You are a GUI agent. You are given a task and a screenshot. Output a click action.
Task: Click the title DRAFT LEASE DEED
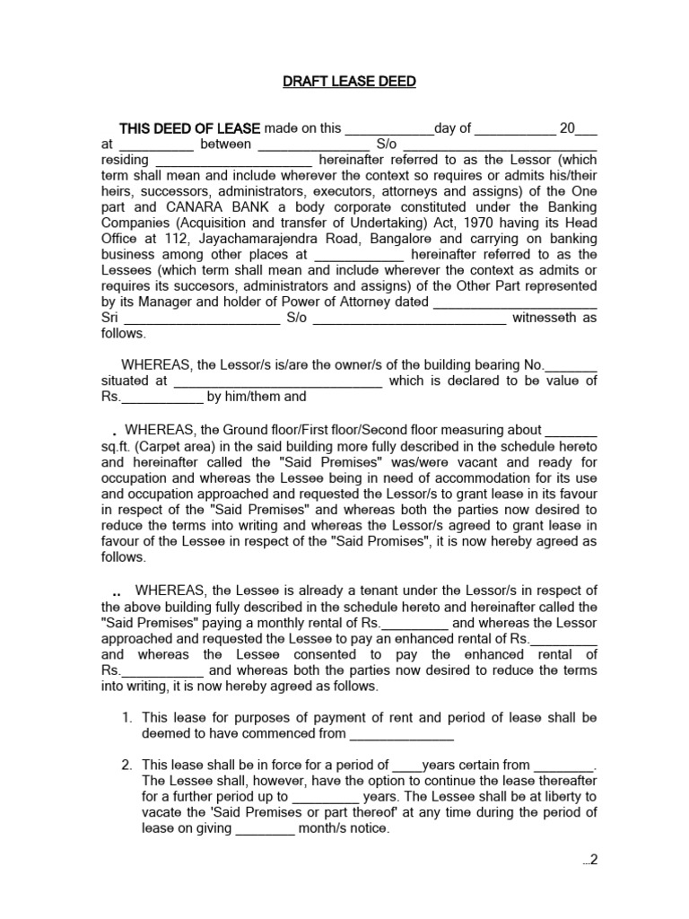(349, 82)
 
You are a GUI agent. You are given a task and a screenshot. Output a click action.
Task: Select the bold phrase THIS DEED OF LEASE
(190, 128)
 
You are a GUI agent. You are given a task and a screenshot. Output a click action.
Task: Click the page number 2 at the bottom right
(593, 860)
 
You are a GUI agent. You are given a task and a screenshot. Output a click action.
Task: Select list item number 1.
(126, 718)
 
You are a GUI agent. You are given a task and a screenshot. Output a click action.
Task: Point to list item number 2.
(126, 765)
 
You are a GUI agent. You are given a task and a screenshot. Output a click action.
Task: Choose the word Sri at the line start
(109, 318)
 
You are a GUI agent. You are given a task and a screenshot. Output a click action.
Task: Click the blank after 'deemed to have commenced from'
(401, 735)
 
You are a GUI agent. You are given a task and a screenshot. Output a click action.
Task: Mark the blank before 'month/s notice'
(265, 830)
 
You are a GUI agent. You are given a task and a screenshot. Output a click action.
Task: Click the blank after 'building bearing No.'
(571, 365)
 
